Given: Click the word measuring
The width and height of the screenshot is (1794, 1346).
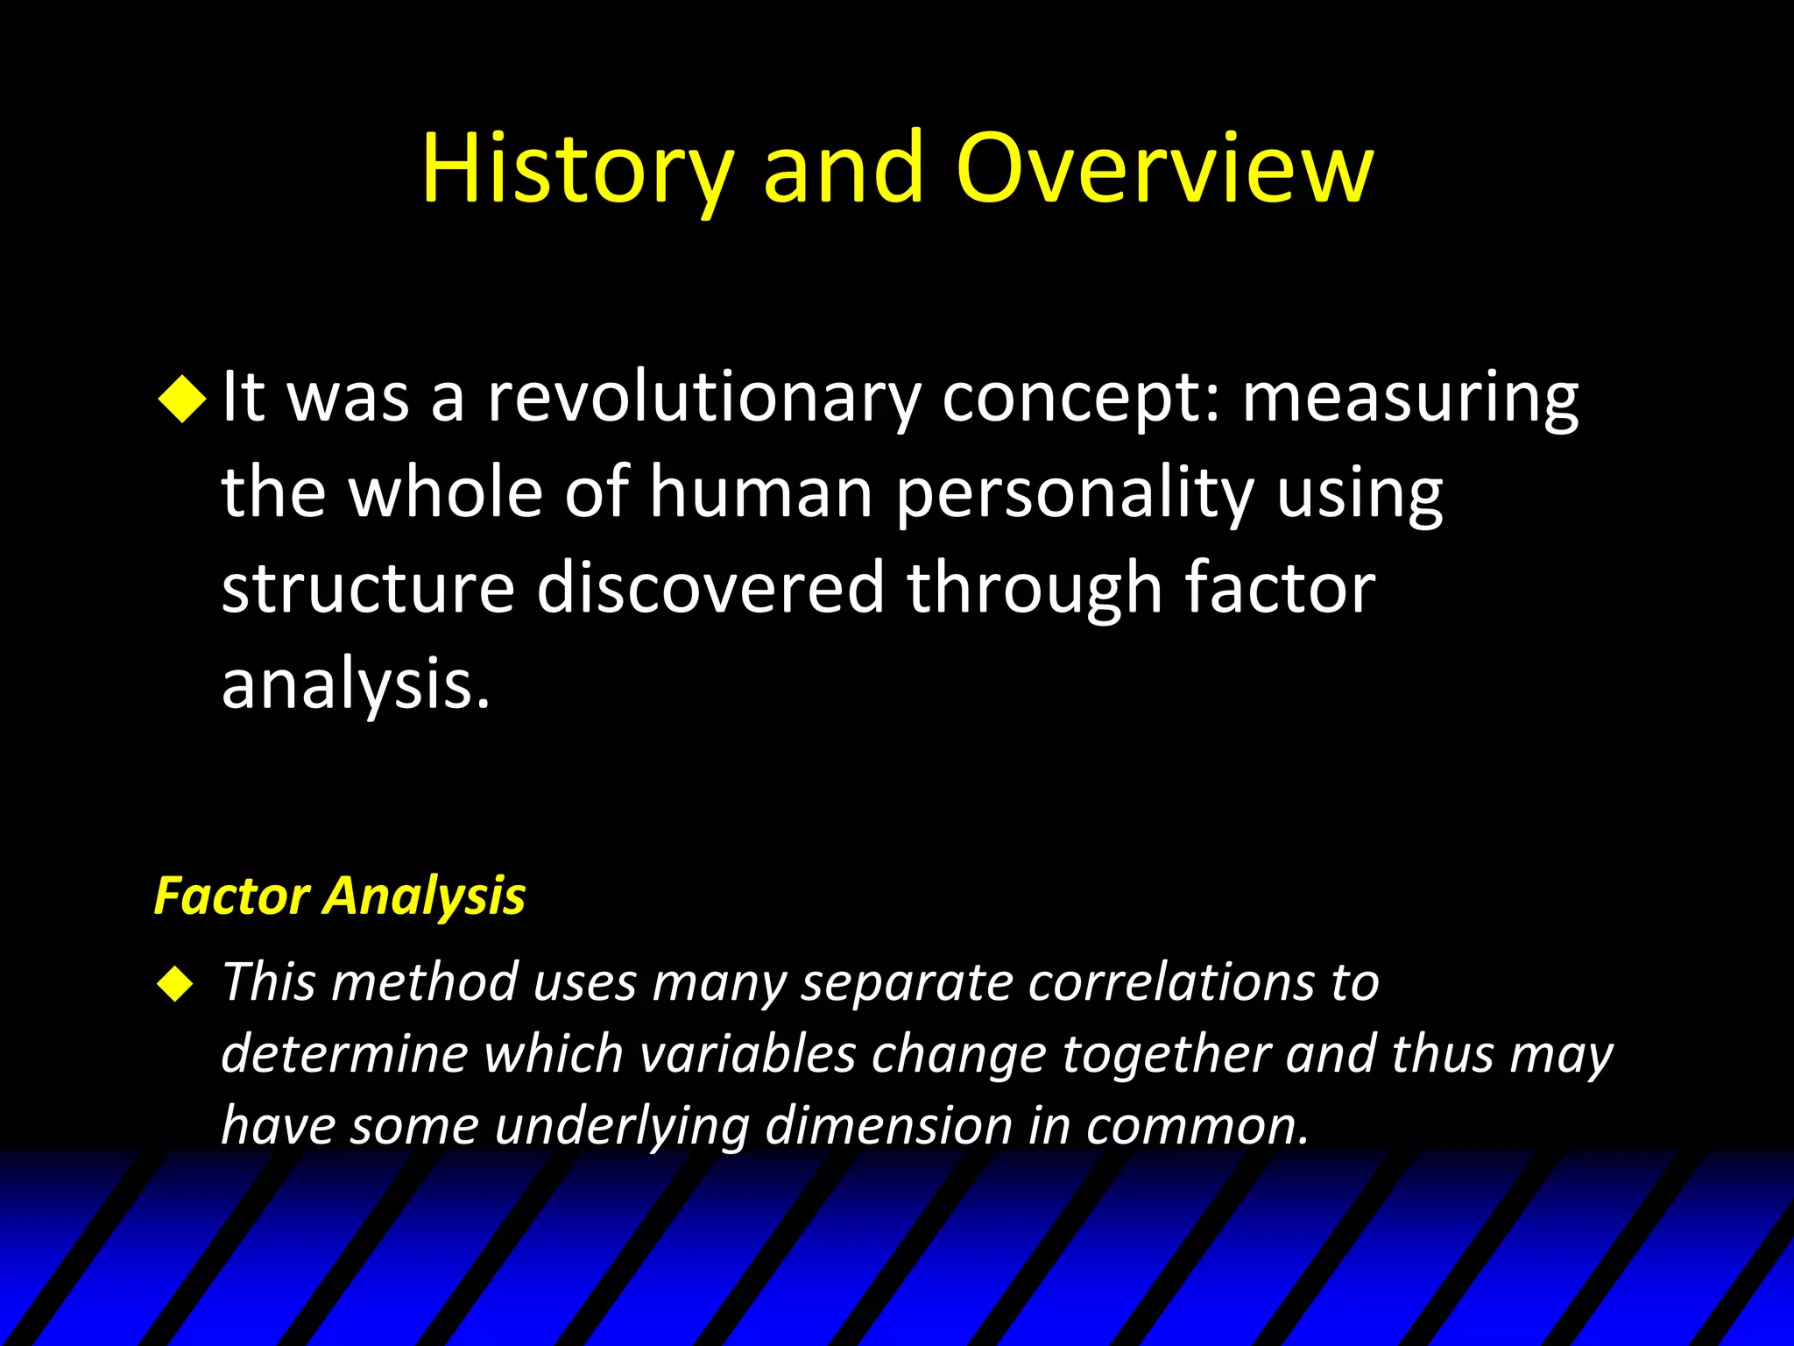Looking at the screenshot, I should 1410,398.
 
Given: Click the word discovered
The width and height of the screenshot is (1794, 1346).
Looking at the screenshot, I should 710,588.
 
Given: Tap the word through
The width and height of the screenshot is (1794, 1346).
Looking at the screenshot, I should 1034,588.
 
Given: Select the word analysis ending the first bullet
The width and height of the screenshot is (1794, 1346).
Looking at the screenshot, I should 354,684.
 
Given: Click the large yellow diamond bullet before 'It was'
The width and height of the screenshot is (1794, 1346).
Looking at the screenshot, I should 182,399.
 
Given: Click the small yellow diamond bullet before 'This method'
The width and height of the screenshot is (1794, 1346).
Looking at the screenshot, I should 175,984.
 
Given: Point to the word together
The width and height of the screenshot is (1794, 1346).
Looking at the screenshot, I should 1166,1053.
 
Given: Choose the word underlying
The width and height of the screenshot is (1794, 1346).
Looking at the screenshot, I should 622,1126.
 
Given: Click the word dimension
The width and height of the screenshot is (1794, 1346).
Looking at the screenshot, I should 888,1126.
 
